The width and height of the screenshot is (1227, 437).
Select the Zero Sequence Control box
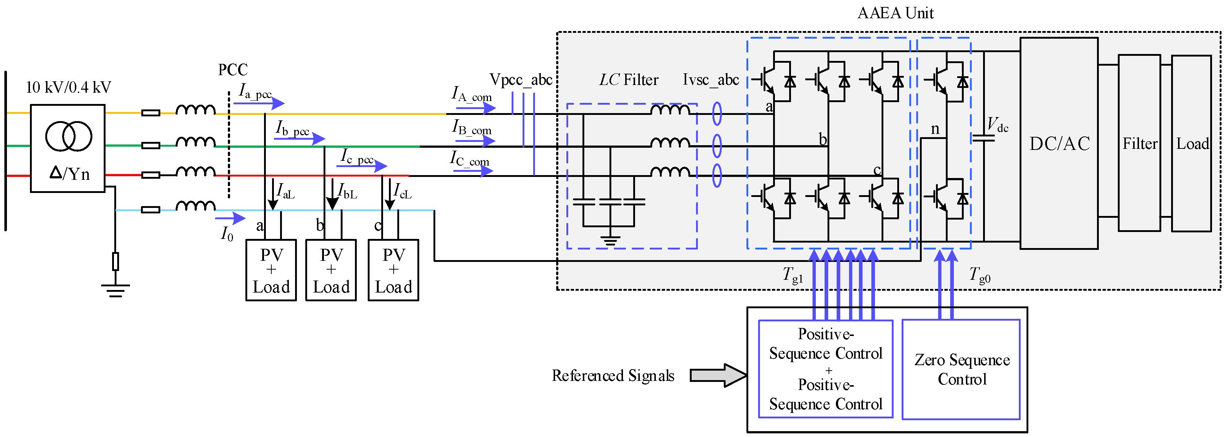[961, 370]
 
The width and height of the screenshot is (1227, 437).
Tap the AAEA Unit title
[895, 13]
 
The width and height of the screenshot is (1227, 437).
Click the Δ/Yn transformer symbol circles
[69, 136]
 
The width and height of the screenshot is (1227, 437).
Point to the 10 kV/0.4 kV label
[68, 88]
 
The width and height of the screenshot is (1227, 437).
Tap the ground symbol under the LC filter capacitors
[610, 240]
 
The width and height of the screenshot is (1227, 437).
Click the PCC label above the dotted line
[233, 70]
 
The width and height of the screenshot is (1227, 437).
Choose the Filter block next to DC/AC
[1139, 143]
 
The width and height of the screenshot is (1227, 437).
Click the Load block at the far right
[1191, 143]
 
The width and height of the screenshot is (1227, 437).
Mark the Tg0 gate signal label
[979, 275]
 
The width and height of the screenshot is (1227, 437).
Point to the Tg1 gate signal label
[792, 275]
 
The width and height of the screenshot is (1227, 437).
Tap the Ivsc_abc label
[711, 80]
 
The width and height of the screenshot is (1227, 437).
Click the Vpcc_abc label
[521, 80]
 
